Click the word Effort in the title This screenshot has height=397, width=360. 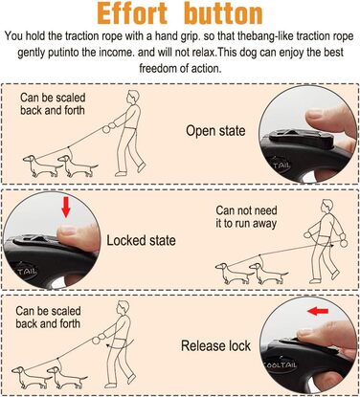pos(132,13)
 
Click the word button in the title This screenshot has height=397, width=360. pos(223,13)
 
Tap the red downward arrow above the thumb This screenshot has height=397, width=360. pos(66,207)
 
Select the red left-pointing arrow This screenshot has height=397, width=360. pos(318,311)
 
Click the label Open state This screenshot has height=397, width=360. pos(215,131)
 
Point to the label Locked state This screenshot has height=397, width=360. pos(141,240)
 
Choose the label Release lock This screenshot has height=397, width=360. pos(215,345)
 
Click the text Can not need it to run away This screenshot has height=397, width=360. pos(246,217)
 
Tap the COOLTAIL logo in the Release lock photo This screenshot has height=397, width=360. pos(280,364)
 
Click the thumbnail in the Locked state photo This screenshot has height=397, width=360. pos(68,230)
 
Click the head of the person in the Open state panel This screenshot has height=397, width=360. pos(133,97)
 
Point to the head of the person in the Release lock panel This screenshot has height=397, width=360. pos(123,308)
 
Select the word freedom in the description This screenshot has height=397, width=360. pos(162,68)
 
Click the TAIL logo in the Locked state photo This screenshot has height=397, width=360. pos(27,272)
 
